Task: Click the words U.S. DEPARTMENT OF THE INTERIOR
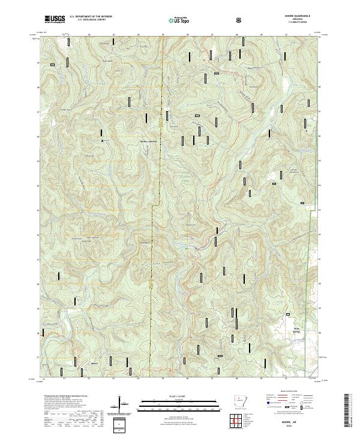tap(90, 17)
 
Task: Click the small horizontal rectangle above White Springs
tap(289, 313)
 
